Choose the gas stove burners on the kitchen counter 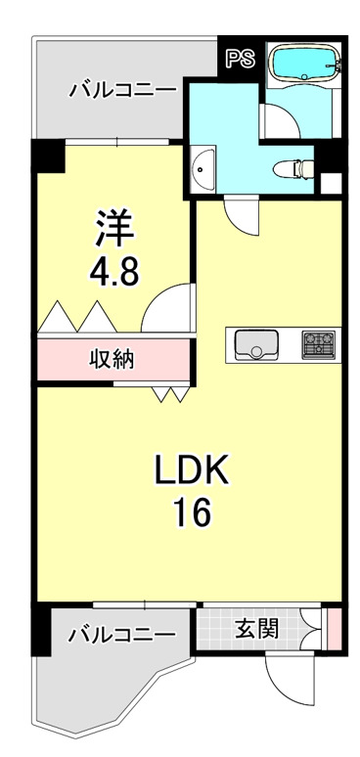click(317, 343)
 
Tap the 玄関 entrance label click(256, 628)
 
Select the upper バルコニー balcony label click(122, 91)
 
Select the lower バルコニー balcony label click(122, 636)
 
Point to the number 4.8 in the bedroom click(114, 271)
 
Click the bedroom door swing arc click(163, 308)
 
